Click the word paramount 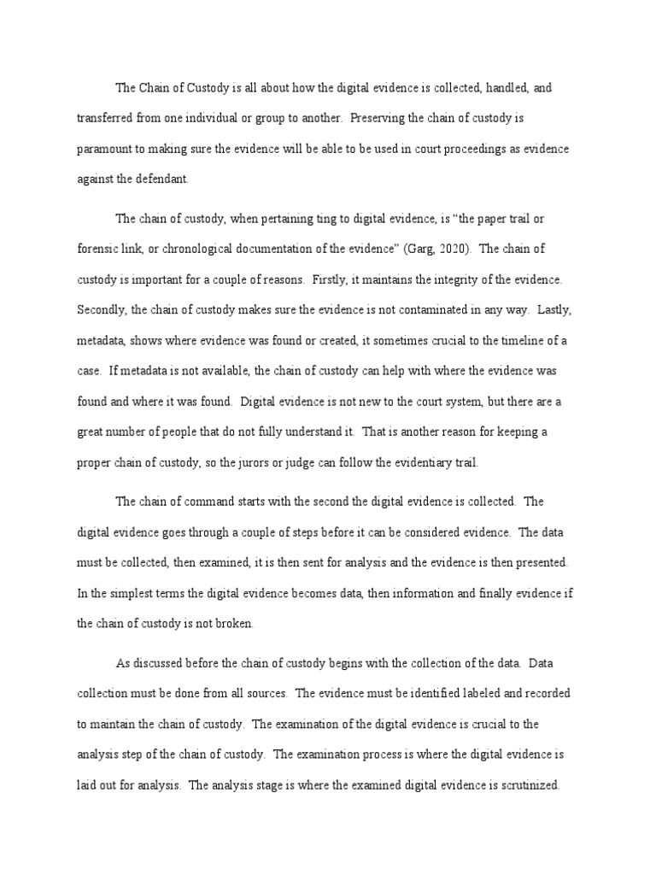(x=105, y=149)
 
